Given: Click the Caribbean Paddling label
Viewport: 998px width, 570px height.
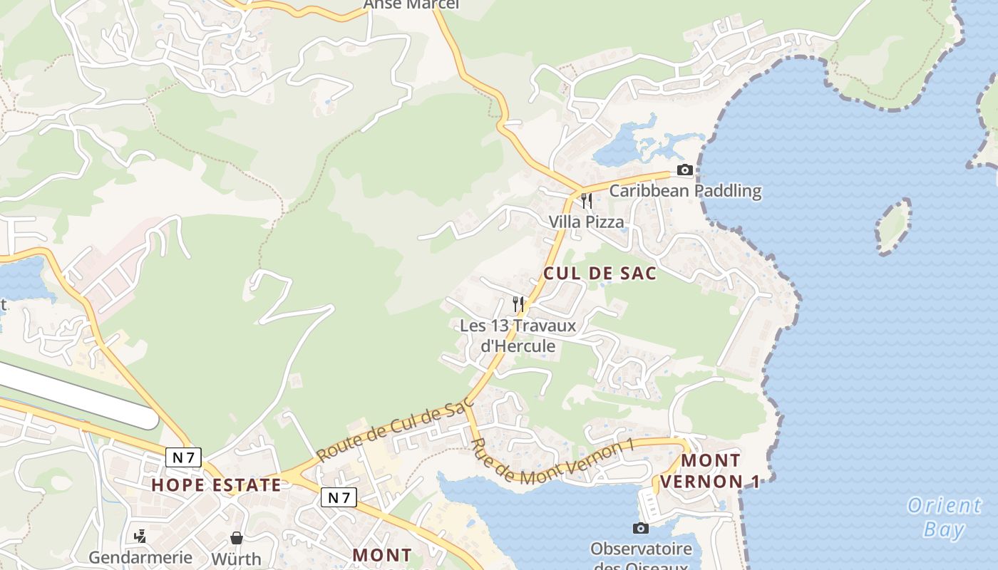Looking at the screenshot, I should pyautogui.click(x=685, y=191).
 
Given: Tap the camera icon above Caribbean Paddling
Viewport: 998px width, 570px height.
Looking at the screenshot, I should pyautogui.click(x=684, y=170).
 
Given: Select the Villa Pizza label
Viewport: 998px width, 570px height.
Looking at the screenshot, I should pyautogui.click(x=586, y=222).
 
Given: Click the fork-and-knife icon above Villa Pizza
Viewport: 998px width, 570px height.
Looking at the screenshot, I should pyautogui.click(x=586, y=201).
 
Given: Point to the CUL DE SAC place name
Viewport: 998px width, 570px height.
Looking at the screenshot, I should pyautogui.click(x=600, y=274).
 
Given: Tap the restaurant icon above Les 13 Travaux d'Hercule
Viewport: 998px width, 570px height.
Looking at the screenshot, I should pyautogui.click(x=518, y=304).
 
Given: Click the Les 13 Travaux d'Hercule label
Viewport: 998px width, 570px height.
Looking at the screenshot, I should pyautogui.click(x=508, y=336).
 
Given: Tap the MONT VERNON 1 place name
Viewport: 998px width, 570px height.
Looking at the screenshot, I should pyautogui.click(x=710, y=471).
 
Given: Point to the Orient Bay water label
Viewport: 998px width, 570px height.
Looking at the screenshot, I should pyautogui.click(x=944, y=517).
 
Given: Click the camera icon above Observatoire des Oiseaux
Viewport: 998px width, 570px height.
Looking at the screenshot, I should pyautogui.click(x=640, y=528).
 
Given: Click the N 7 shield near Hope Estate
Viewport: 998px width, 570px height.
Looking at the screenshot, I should pyautogui.click(x=183, y=457).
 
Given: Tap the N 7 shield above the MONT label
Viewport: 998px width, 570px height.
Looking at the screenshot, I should pyautogui.click(x=338, y=497).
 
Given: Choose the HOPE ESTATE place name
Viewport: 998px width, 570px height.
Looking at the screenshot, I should pyautogui.click(x=216, y=486).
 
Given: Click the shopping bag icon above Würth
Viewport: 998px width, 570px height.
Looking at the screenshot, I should pyautogui.click(x=236, y=538).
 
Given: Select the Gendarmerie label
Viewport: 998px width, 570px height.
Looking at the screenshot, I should pyautogui.click(x=140, y=557).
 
